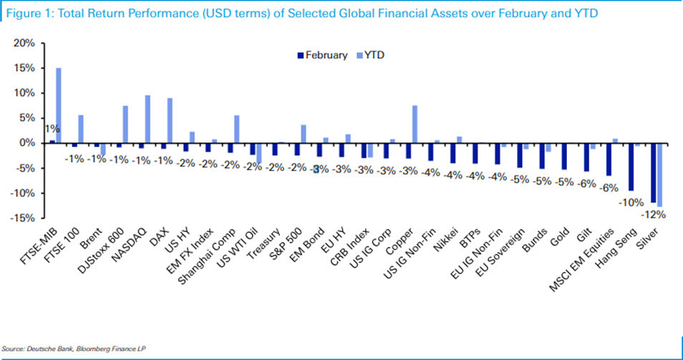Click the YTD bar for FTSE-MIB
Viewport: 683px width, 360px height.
pos(59,105)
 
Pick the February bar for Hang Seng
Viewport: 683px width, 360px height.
pos(631,167)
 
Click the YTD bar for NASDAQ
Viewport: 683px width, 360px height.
pos(147,119)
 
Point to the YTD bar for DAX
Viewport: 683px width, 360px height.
pos(170,120)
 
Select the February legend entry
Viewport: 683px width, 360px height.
pos(322,54)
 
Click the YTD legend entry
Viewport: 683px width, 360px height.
pos(374,54)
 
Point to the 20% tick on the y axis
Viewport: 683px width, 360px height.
pos(25,43)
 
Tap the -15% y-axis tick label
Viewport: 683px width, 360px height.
pos(23,218)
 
